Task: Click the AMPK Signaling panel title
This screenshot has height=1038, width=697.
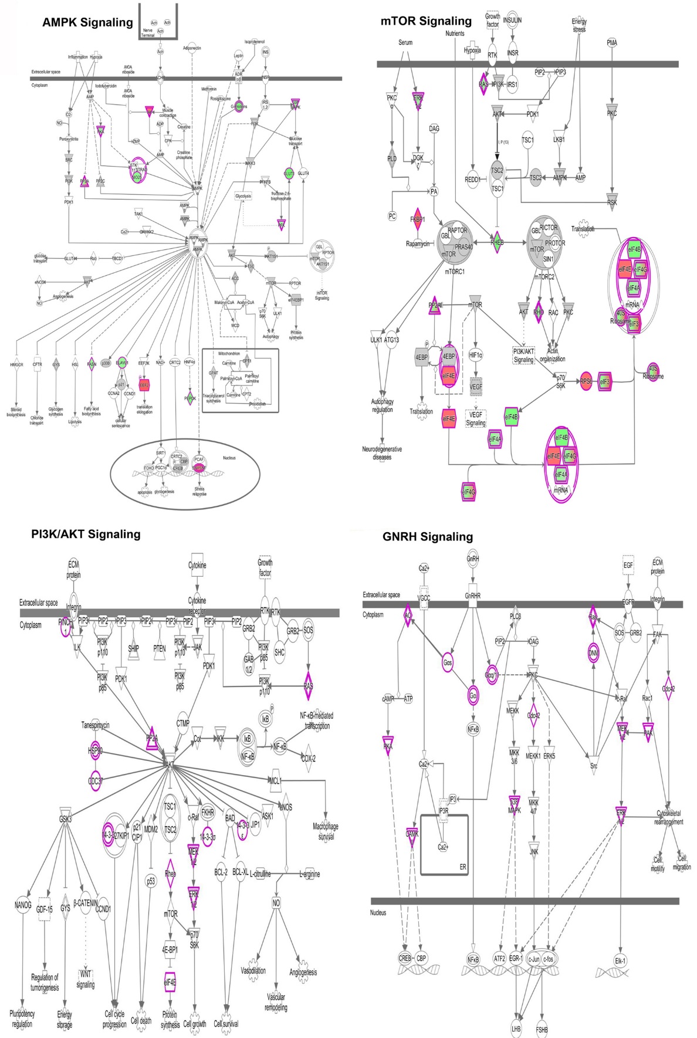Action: tap(87, 23)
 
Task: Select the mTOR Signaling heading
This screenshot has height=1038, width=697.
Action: tap(426, 22)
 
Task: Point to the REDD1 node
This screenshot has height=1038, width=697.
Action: tap(472, 180)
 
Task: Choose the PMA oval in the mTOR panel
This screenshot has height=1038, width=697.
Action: tap(612, 43)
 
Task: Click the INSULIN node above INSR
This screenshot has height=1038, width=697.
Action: tap(512, 20)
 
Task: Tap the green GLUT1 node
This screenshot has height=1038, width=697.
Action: tap(289, 174)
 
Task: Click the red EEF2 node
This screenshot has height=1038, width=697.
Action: tap(144, 385)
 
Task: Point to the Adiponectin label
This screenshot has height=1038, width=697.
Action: tap(192, 48)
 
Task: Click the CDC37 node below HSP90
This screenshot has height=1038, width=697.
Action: tap(95, 780)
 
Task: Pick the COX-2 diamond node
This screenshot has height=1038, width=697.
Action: tap(309, 758)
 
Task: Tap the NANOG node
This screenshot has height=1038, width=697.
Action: tap(23, 905)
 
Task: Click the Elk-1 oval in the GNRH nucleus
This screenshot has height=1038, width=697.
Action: tap(620, 961)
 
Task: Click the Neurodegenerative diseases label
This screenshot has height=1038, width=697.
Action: tap(382, 453)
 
